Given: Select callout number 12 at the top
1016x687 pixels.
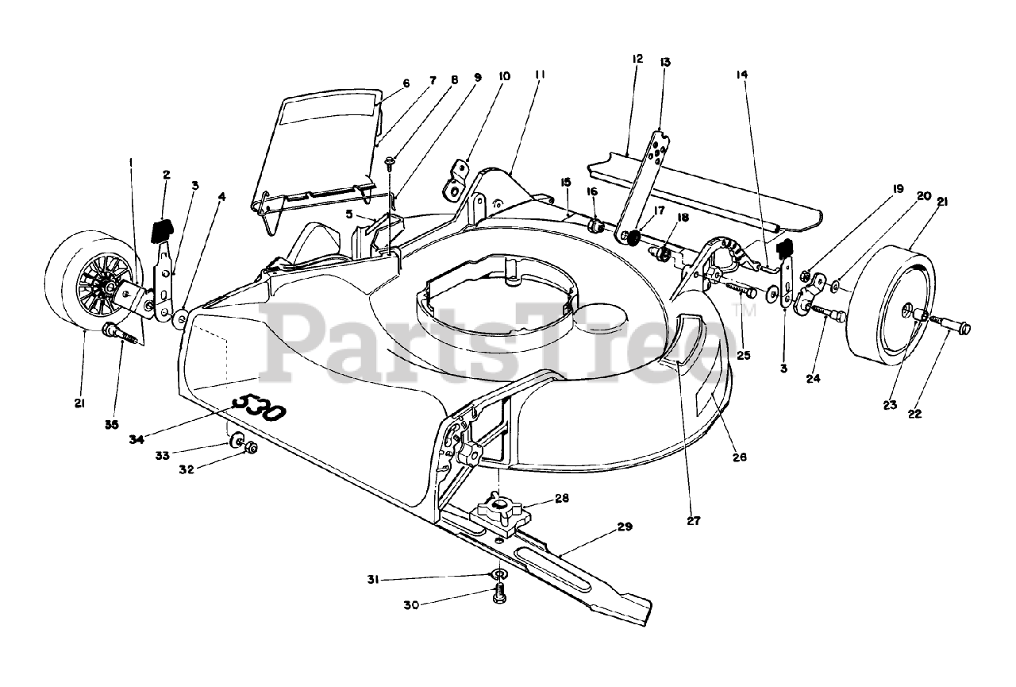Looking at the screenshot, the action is [x=637, y=59].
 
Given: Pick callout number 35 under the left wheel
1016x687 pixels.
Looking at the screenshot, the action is [x=111, y=425].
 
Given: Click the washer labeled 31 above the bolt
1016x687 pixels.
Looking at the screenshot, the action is [x=497, y=575].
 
